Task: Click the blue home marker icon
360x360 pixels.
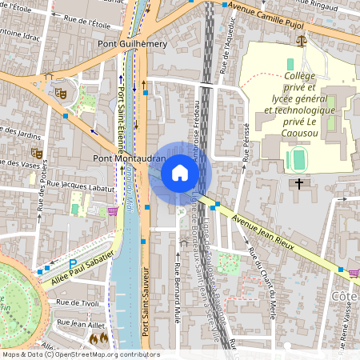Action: pyautogui.click(x=180, y=173)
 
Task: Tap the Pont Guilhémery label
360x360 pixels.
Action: pyautogui.click(x=132, y=45)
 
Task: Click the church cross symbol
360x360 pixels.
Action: pyautogui.click(x=300, y=184)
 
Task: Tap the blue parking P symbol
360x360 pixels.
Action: pyautogui.click(x=73, y=262)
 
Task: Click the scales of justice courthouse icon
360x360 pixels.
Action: pyautogui.click(x=301, y=38)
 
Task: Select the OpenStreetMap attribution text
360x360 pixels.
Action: pyautogui.click(x=80, y=354)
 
